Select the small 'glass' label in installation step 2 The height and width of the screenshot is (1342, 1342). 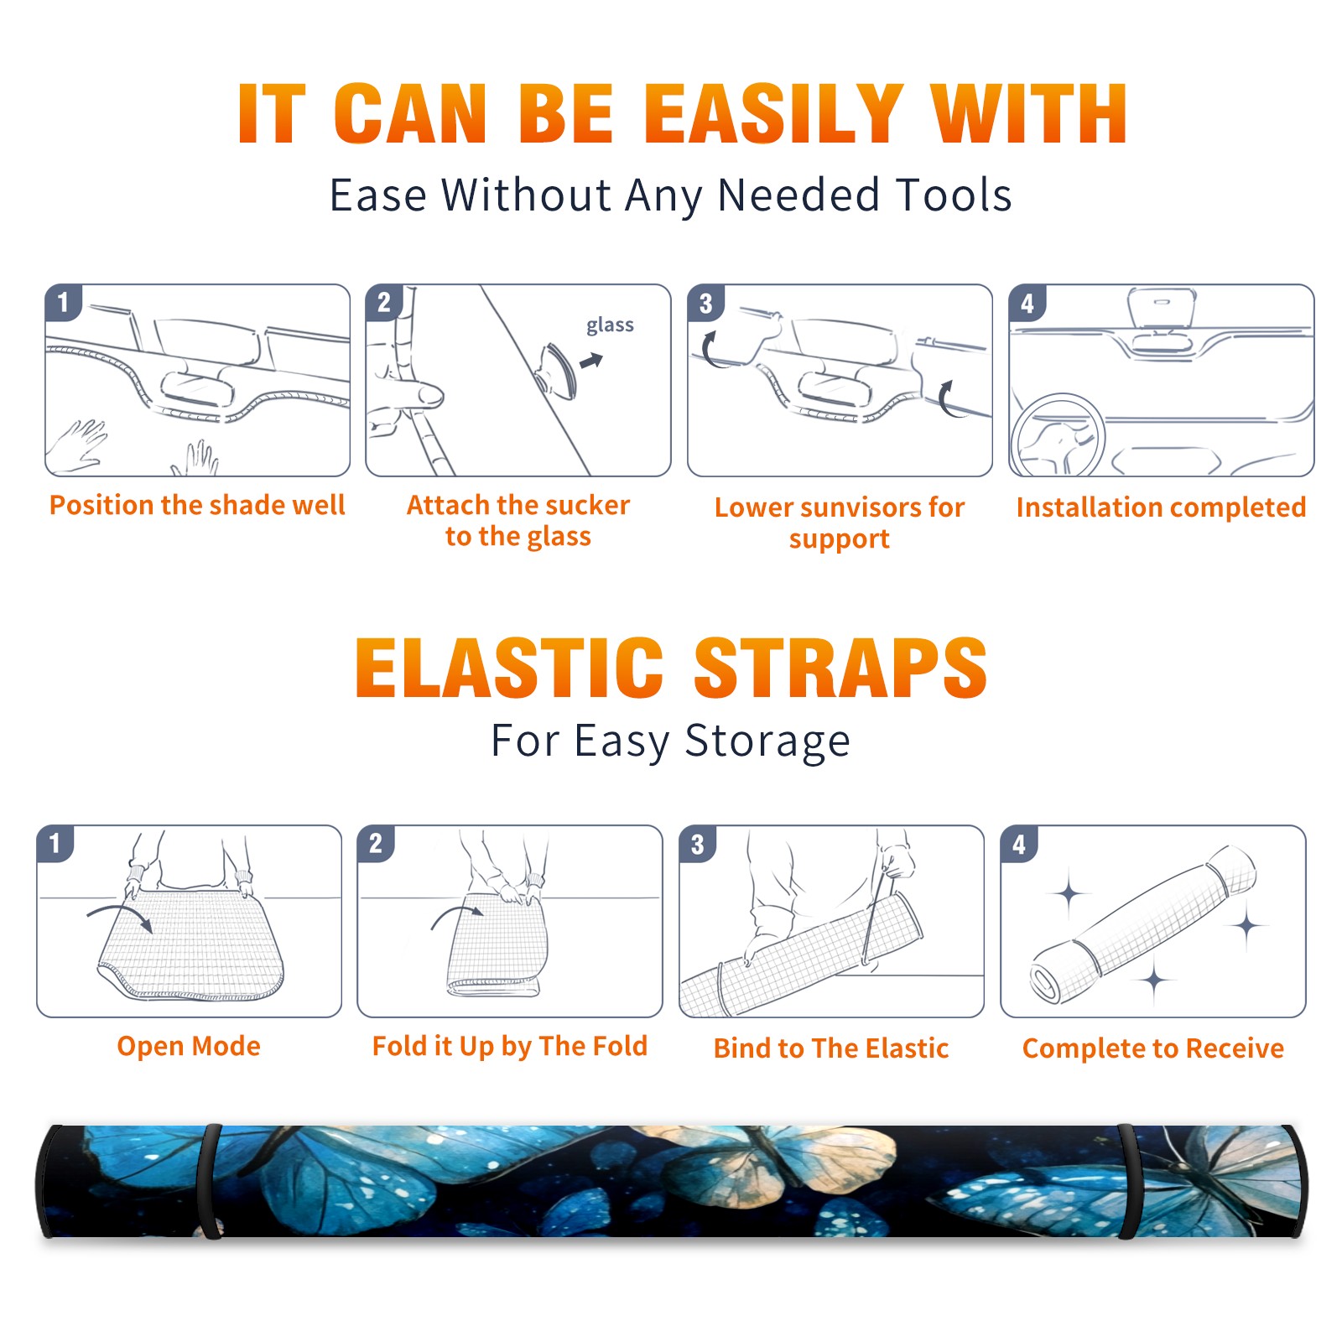click(x=610, y=325)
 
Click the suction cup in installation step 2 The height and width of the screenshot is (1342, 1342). click(x=558, y=370)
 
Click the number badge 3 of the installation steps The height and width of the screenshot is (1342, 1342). click(x=705, y=304)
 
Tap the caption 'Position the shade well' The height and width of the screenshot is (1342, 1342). click(x=197, y=505)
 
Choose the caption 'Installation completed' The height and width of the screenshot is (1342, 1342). click(x=1161, y=507)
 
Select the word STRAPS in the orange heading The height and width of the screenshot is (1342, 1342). click(x=840, y=668)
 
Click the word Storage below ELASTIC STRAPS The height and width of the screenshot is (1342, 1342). click(x=767, y=741)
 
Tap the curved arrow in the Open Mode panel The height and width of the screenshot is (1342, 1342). click(x=120, y=914)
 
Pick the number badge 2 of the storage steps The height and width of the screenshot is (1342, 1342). click(x=375, y=844)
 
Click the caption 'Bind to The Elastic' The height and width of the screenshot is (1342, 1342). click(x=830, y=1048)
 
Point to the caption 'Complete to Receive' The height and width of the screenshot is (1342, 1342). click(x=1152, y=1048)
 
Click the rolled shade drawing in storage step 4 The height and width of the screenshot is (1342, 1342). click(x=1143, y=924)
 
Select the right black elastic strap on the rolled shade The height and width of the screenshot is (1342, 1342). click(x=1127, y=1181)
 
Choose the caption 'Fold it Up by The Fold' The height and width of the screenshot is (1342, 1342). click(x=509, y=1046)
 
